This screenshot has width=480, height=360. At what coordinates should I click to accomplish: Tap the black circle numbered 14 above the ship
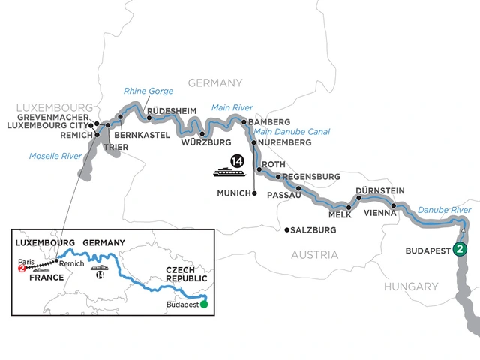pos(237,160)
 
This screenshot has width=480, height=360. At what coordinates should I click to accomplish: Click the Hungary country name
pos(411,286)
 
